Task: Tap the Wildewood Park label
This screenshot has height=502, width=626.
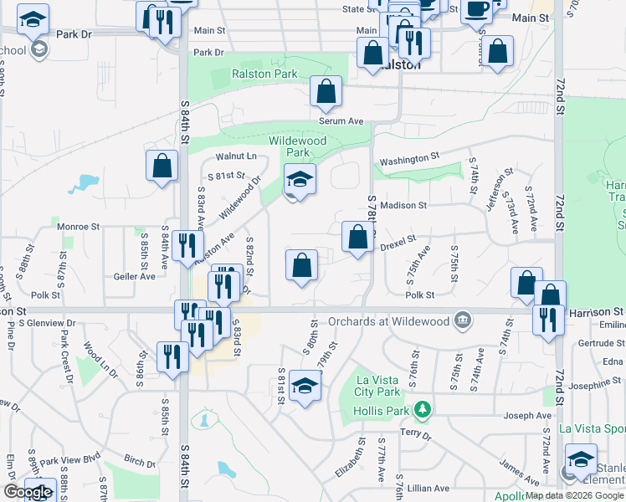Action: tap(297, 147)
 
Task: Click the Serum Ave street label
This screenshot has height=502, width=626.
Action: tap(341, 121)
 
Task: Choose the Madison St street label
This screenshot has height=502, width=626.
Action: tap(403, 205)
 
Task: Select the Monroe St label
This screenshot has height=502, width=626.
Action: tap(79, 226)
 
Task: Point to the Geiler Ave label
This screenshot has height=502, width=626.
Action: tap(136, 275)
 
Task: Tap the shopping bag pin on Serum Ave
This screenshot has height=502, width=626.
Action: tap(326, 91)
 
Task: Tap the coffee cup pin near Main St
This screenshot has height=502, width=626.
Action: tap(476, 10)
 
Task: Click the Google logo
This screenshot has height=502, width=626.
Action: tap(28, 492)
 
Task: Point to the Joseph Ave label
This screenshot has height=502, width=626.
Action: tap(527, 416)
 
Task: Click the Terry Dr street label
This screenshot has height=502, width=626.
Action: tap(415, 435)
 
